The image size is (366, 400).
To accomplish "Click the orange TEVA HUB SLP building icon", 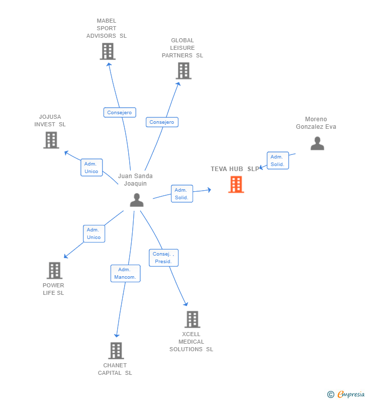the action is pyautogui.click(x=236, y=184).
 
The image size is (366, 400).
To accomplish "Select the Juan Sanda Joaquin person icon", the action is pyautogui.click(x=137, y=200).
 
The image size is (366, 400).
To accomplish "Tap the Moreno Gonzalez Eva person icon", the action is pyautogui.click(x=317, y=143).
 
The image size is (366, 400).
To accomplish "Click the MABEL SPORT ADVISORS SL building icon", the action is pyautogui.click(x=108, y=51).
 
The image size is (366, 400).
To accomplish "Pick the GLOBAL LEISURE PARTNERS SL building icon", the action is pyautogui.click(x=184, y=71).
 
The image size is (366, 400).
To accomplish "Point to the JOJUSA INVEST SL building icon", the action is pyautogui.click(x=51, y=140).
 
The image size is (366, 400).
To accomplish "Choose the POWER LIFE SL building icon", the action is pyautogui.click(x=54, y=270).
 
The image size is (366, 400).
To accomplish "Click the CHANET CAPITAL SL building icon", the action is pyautogui.click(x=116, y=351).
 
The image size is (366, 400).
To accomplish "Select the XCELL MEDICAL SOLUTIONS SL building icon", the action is pyautogui.click(x=193, y=319).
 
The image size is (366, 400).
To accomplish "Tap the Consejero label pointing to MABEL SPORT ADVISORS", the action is pyautogui.click(x=120, y=113).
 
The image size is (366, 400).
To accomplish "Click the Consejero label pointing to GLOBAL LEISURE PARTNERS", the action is pyautogui.click(x=162, y=122).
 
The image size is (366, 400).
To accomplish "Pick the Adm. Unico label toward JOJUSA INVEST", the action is pyautogui.click(x=91, y=168).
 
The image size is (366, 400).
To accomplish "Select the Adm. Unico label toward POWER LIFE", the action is pyautogui.click(x=94, y=233).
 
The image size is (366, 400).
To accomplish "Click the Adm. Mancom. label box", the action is pyautogui.click(x=125, y=273).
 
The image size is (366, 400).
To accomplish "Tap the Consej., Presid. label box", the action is pyautogui.click(x=163, y=258).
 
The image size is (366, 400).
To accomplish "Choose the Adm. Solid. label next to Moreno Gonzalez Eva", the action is pyautogui.click(x=278, y=161).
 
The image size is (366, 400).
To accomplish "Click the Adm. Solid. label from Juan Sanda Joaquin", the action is pyautogui.click(x=182, y=194).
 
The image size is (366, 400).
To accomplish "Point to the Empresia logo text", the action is pyautogui.click(x=351, y=394).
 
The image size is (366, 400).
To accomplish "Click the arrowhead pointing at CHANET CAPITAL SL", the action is pyautogui.click(x=117, y=336).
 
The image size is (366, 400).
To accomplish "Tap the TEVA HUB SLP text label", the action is pyautogui.click(x=235, y=169).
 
